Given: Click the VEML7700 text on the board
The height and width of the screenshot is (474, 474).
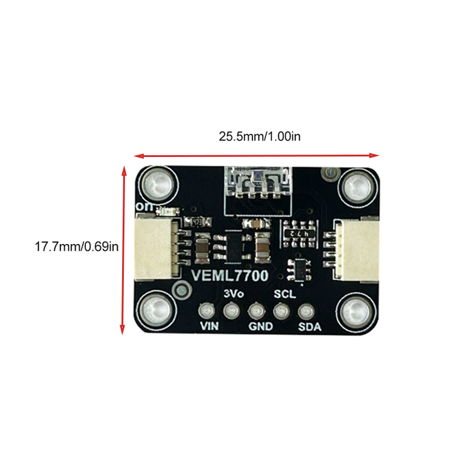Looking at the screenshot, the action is [x=230, y=276].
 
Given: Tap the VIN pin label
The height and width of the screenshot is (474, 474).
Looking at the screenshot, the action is [x=209, y=326].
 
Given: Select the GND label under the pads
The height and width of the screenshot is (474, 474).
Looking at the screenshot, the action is [x=261, y=326].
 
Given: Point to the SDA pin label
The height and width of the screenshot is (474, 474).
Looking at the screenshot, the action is [x=309, y=326].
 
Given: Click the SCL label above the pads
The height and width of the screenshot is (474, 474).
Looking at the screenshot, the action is [x=285, y=294].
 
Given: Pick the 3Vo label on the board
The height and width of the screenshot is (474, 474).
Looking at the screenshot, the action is [x=233, y=293].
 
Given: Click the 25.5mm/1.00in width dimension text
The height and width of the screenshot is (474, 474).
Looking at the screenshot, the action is [x=260, y=136].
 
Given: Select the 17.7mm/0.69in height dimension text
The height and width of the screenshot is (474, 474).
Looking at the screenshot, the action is [x=76, y=246].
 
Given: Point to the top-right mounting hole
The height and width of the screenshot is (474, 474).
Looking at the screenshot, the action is [x=357, y=186].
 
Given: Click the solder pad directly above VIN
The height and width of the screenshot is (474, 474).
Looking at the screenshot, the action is [x=207, y=310].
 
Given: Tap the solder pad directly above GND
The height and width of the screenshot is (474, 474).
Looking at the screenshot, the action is [x=257, y=310].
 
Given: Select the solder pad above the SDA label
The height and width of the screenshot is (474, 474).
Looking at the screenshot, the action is [x=306, y=312].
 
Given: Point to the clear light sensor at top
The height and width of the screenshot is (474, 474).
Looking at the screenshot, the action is [x=258, y=182].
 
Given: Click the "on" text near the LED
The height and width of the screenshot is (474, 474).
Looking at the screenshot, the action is [x=145, y=207].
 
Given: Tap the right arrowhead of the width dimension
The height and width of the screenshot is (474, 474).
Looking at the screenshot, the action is [x=374, y=155].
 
